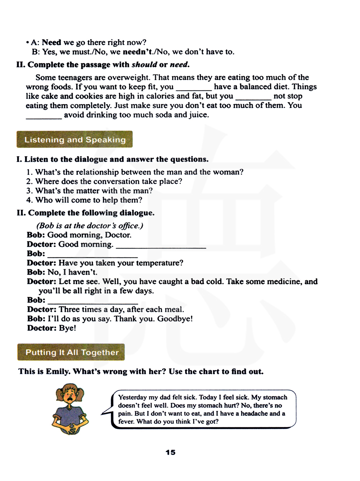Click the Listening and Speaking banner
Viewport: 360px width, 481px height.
(x=75, y=140)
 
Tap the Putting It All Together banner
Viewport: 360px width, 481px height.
(x=71, y=352)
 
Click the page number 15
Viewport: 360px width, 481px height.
(x=170, y=452)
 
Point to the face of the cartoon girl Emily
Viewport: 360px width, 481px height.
(x=69, y=396)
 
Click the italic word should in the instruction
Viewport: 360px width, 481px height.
(x=144, y=65)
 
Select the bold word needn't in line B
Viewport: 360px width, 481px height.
(x=137, y=52)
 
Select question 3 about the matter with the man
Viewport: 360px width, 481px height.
(x=89, y=191)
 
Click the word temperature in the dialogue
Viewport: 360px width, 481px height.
(x=160, y=263)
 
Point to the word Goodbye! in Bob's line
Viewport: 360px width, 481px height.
(x=175, y=319)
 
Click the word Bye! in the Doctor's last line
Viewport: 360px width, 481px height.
(x=67, y=328)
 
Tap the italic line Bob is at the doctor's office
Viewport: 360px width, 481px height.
(x=90, y=226)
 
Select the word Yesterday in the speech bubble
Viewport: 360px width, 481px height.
(x=132, y=397)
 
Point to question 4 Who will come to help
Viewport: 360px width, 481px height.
(x=84, y=200)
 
